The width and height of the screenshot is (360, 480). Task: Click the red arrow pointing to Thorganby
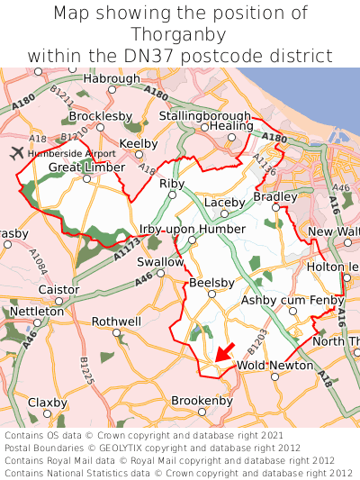[223, 350]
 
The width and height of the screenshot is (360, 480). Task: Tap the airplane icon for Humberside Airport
[16, 151]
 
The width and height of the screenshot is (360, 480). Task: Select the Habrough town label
[112, 78]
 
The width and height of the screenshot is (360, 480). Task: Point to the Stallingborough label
[204, 116]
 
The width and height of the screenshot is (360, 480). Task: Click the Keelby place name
[139, 143]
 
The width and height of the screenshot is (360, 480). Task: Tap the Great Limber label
[87, 168]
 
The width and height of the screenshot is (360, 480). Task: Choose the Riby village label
[171, 183]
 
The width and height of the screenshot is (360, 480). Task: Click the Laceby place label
[224, 202]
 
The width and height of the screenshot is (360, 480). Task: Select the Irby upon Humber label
[192, 229]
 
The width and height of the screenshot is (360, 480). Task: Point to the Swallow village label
[159, 261]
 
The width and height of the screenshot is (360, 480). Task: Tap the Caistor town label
[59, 289]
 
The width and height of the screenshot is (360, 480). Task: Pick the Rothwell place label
[116, 321]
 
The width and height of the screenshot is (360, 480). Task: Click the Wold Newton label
[274, 365]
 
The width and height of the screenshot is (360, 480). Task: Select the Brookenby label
[202, 400]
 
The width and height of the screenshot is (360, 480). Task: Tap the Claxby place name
[48, 402]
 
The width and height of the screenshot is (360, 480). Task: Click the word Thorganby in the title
[180, 34]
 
